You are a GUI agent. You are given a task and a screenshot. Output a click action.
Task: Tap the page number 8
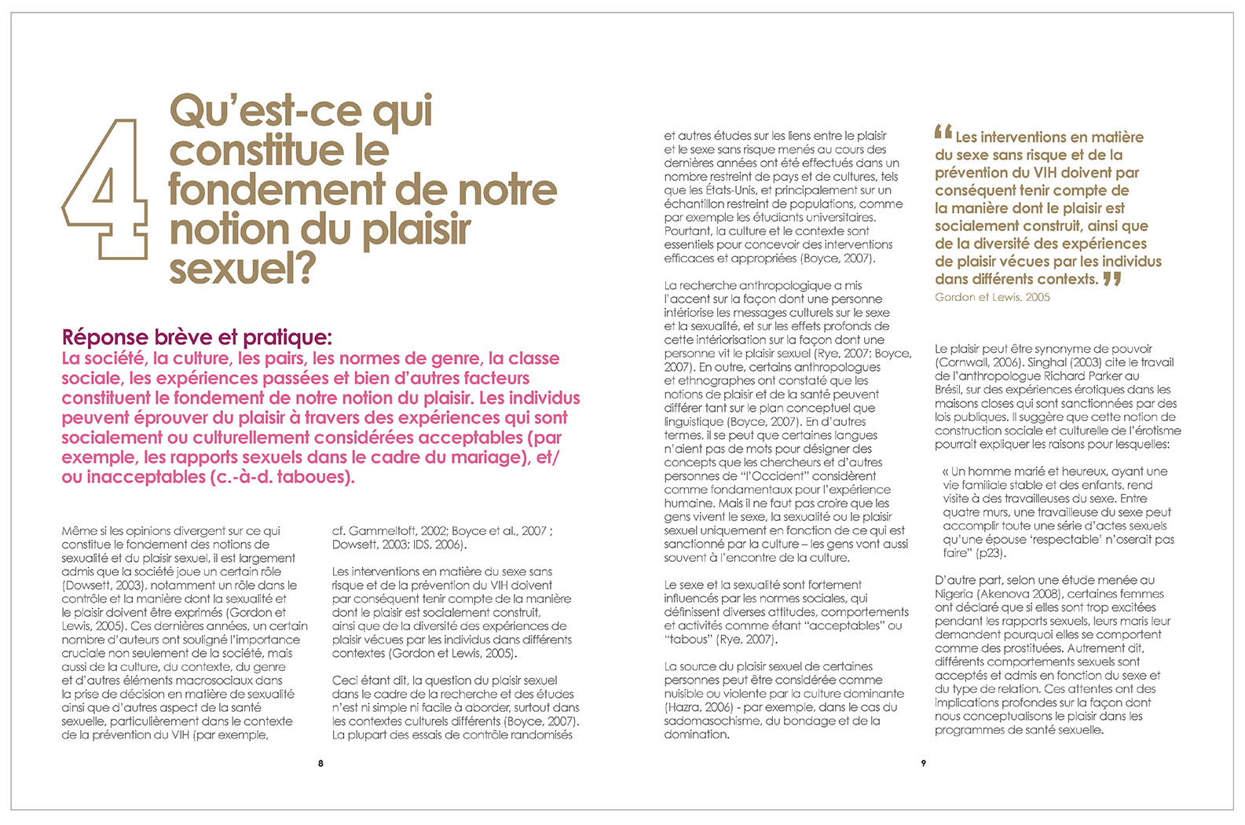click(320, 763)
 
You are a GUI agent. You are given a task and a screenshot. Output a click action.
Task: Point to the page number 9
click(924, 763)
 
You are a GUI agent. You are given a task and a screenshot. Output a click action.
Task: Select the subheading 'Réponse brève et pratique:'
click(197, 338)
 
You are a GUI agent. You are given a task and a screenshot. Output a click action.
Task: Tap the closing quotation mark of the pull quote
click(1111, 279)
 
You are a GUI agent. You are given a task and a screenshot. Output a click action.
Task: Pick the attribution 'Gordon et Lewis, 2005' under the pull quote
click(992, 297)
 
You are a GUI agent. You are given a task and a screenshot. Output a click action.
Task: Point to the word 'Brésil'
click(951, 390)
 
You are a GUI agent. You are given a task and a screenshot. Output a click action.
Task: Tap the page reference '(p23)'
click(989, 553)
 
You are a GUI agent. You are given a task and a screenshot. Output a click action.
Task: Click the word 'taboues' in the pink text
click(313, 478)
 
